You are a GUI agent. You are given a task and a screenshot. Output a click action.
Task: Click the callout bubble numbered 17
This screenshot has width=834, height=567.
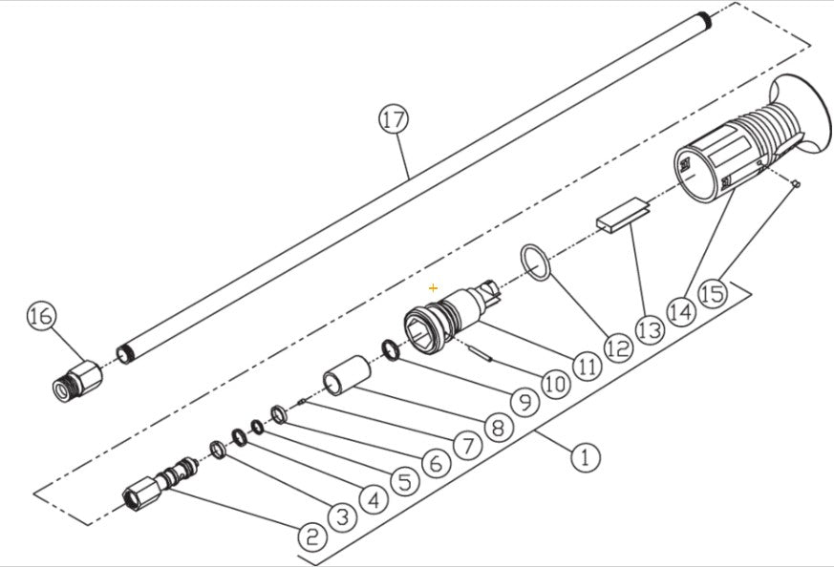click(x=393, y=120)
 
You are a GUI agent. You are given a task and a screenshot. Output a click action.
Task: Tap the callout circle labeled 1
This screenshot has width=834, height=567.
click(x=586, y=457)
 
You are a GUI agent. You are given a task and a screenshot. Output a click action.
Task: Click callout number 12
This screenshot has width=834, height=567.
click(x=617, y=347)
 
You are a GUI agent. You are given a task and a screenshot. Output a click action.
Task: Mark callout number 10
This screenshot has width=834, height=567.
click(x=555, y=384)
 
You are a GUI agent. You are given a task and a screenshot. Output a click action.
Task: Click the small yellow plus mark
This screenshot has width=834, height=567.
click(x=433, y=287)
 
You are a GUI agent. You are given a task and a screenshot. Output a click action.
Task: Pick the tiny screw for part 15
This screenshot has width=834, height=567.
click(x=795, y=184)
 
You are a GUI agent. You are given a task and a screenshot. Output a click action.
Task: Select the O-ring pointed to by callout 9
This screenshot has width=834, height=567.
click(x=392, y=350)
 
